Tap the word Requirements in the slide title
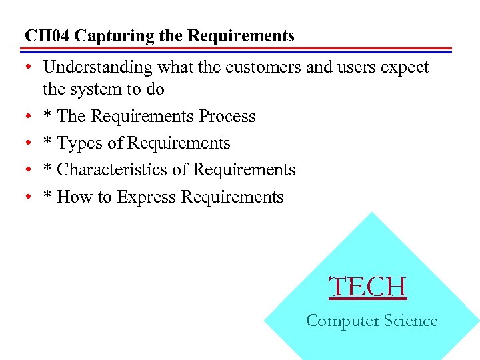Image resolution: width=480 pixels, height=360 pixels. point(241,36)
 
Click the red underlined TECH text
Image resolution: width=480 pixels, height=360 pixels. point(367,287)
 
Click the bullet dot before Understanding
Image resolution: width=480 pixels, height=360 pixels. point(29,68)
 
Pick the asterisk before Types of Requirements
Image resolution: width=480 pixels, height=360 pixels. point(48,143)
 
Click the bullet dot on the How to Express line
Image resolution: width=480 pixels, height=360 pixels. point(29,197)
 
